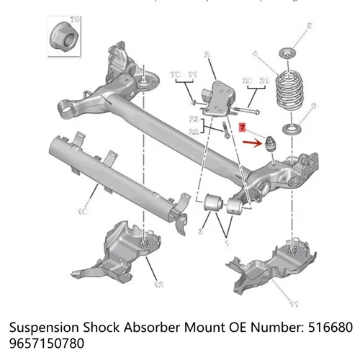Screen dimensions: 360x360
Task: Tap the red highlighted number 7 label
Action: click(243, 127)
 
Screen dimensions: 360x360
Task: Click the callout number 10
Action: click(82, 212)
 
